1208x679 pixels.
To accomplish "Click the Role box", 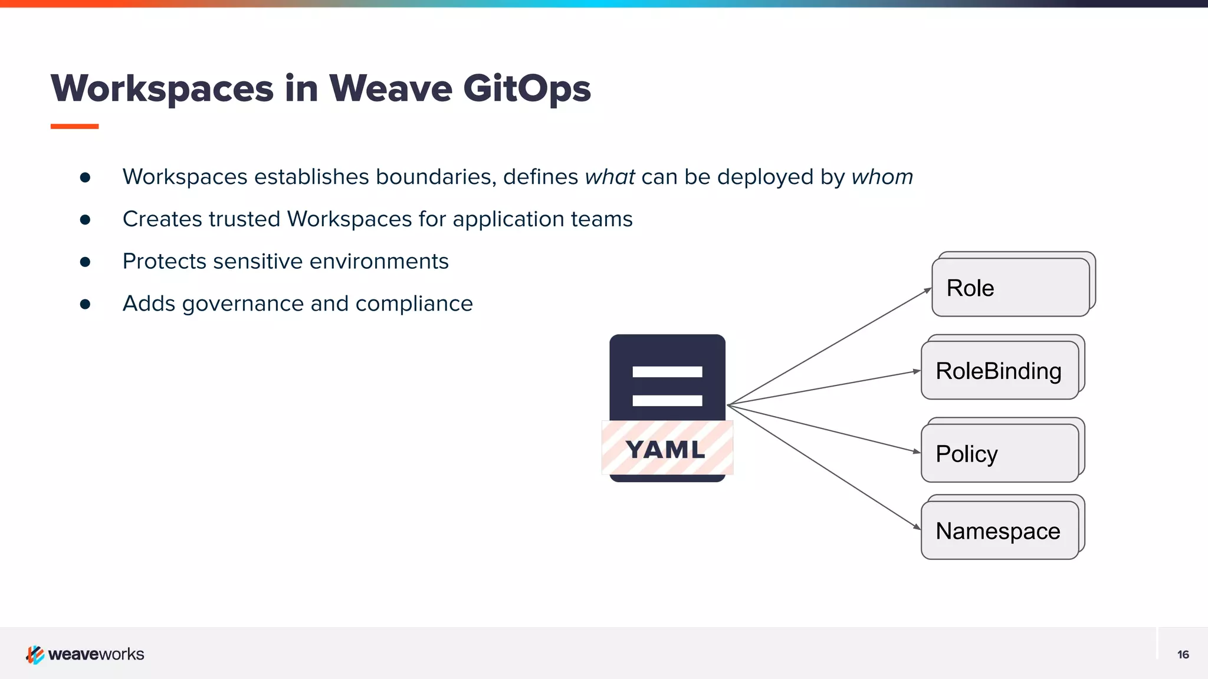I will click(x=1010, y=288).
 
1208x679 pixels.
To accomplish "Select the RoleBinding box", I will click(x=999, y=371).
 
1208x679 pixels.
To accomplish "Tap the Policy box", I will click(x=999, y=453).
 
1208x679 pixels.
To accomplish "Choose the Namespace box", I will click(x=999, y=530).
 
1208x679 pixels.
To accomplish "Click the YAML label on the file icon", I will click(x=667, y=449).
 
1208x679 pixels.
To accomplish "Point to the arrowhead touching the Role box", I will click(x=928, y=291).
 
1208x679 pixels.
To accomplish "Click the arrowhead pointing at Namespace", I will click(x=917, y=526).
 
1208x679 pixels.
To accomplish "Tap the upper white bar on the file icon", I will click(x=667, y=372).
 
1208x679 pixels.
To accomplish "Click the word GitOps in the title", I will click(x=526, y=88).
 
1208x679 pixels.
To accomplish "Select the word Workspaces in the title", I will click(x=162, y=88).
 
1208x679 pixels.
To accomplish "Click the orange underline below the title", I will click(x=74, y=126).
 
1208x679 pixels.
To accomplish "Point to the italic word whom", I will click(x=882, y=177).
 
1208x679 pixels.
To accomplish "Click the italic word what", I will click(x=609, y=177).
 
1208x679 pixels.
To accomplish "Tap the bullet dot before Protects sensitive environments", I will click(x=85, y=262).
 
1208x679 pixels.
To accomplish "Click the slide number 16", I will click(x=1183, y=654).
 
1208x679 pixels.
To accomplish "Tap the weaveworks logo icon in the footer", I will click(x=35, y=654).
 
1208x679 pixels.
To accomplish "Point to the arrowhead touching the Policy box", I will click(x=917, y=451).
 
